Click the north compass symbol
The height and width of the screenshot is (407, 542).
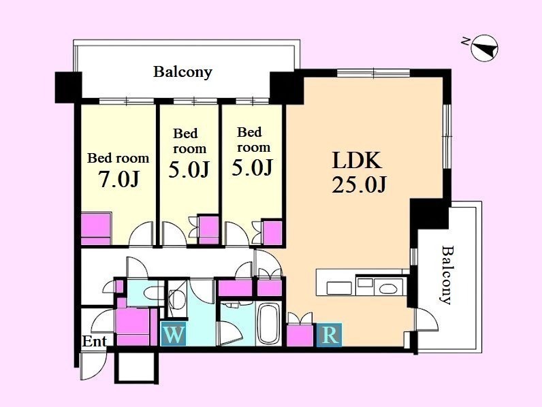coord(485,48)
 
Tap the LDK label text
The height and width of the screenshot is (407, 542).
coord(357,161)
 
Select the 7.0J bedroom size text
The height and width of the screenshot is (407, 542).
coord(118,178)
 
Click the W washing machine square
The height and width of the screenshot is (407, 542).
coord(174,333)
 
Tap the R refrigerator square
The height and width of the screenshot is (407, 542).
coord(330,335)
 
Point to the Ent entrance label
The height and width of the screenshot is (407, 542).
coord(94,342)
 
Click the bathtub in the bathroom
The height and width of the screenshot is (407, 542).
coord(268,323)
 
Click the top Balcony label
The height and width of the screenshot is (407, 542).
coord(182,72)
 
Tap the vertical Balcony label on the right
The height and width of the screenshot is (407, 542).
coord(447,275)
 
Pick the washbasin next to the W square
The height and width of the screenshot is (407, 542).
coord(177,297)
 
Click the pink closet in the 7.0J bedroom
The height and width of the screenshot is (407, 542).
coord(96,229)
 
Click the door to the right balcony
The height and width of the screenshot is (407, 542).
coord(427,320)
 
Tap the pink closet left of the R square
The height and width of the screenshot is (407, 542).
coord(300,335)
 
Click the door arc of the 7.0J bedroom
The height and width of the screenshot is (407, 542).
coord(141,233)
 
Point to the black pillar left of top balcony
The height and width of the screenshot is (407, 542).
coord(69,87)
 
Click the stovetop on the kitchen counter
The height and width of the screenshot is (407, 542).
coord(340,288)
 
